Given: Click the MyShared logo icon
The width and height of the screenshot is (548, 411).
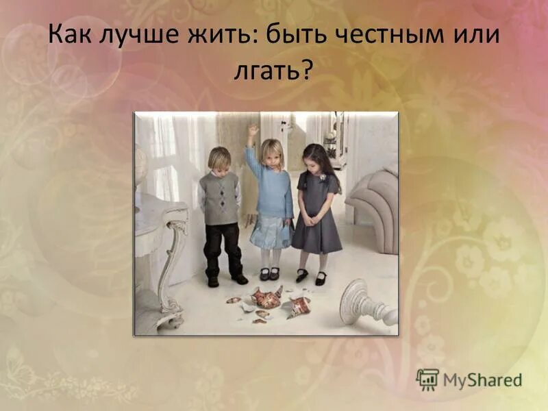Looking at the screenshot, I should click(x=427, y=379).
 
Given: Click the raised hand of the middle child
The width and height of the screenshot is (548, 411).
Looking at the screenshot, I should click(x=253, y=129).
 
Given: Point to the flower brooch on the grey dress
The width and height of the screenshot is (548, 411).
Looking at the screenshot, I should click(x=321, y=177).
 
